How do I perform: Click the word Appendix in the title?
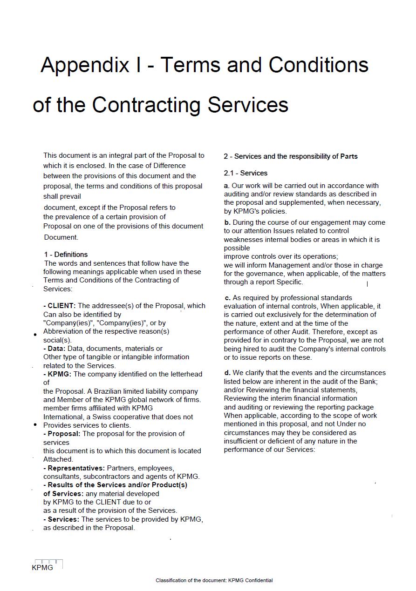click(x=84, y=65)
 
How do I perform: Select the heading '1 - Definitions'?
click(x=66, y=255)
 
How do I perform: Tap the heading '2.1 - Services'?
click(x=246, y=173)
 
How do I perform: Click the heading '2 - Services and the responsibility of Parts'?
click(x=291, y=156)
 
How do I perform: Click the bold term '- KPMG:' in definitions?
click(x=57, y=374)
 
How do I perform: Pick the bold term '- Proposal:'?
click(x=62, y=434)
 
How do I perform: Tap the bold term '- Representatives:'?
click(x=74, y=468)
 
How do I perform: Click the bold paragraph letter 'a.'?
click(x=227, y=186)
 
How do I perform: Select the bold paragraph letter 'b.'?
click(x=227, y=222)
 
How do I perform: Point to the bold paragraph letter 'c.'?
click(x=228, y=298)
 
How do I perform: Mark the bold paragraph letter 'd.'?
click(x=227, y=373)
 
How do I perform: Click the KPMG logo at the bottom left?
click(x=46, y=565)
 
